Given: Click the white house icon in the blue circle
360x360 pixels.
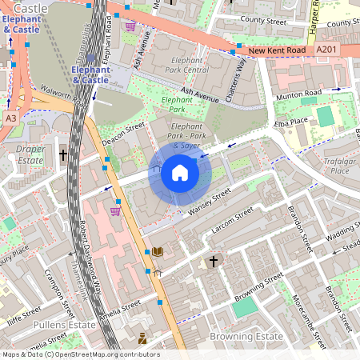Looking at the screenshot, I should (180, 173).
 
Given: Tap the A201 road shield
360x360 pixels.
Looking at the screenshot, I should (326, 50).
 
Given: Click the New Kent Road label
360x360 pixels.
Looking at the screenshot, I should (277, 51).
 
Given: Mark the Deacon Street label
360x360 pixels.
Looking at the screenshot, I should (123, 134).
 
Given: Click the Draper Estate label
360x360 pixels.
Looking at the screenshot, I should (30, 154).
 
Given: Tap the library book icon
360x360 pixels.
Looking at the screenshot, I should (158, 251).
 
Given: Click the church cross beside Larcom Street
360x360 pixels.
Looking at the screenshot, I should (214, 261).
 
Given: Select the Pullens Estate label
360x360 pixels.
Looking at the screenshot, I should (65, 326).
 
